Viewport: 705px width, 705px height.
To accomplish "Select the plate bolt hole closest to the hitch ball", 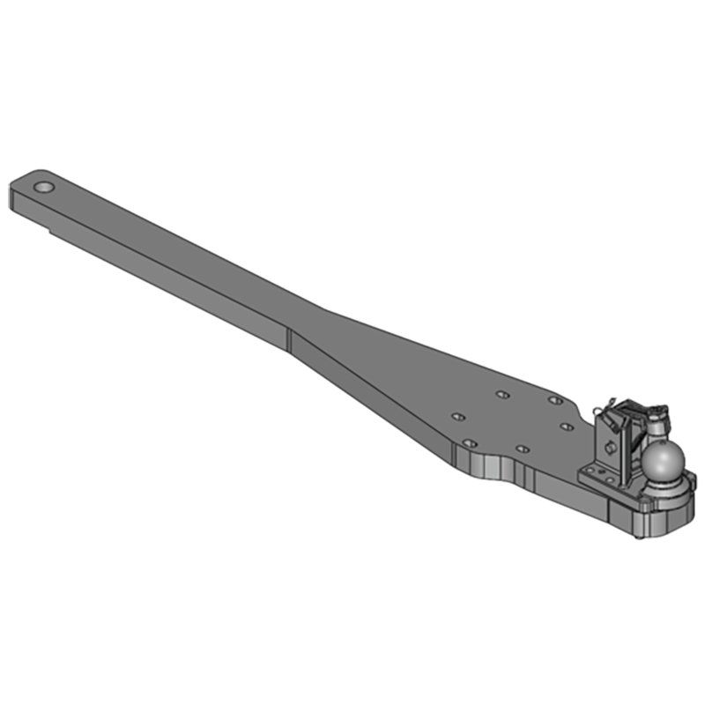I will coord(566,427).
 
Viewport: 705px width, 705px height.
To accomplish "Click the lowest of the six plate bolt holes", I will coord(522,449).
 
